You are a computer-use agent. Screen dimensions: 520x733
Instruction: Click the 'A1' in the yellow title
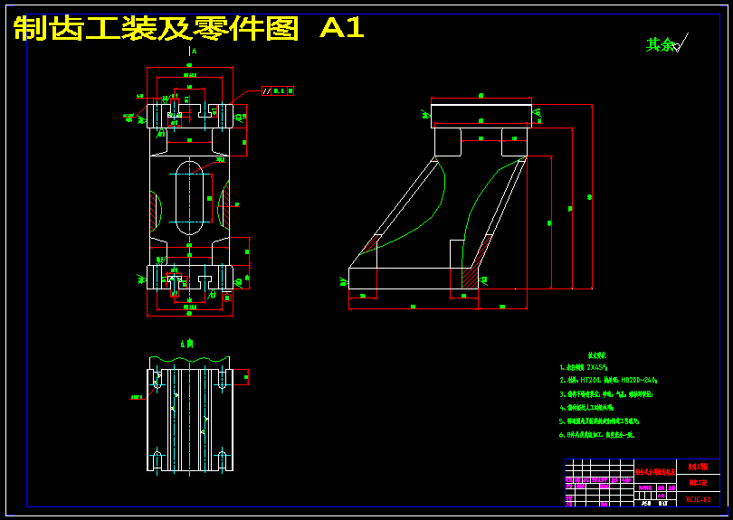point(342,28)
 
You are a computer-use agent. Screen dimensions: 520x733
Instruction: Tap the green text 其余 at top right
point(659,44)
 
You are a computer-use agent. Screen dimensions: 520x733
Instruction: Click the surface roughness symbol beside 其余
point(680,43)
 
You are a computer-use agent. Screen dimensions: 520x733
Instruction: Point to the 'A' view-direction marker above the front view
point(192,52)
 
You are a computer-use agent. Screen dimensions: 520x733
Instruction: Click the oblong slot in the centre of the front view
point(189,194)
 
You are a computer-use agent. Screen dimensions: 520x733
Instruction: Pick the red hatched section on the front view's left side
point(156,207)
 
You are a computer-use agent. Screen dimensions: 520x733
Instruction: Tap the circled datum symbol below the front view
point(227,298)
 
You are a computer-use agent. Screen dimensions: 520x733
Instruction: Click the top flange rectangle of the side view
point(481,113)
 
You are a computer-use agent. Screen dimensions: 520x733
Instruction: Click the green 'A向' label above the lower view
point(186,345)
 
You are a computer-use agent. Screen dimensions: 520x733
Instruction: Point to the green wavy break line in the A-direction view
point(190,363)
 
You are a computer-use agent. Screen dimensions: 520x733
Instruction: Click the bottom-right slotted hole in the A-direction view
point(222,459)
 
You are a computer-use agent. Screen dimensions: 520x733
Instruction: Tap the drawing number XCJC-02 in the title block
point(698,499)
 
